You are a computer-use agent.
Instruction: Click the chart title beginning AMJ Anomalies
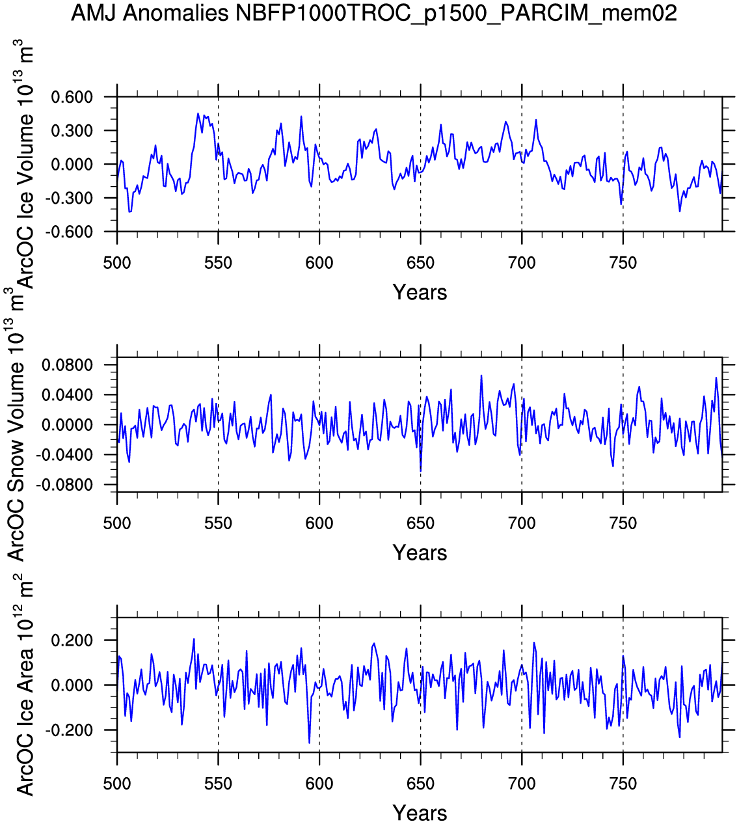click(x=374, y=12)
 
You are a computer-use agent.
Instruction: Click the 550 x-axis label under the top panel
click(x=218, y=263)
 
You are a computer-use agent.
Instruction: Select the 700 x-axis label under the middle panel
click(x=522, y=523)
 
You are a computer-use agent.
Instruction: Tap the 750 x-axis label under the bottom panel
click(x=623, y=784)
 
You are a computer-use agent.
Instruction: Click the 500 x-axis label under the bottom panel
click(x=117, y=784)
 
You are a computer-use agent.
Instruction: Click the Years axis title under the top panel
click(x=420, y=292)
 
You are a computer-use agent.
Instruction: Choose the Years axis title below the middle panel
click(x=420, y=553)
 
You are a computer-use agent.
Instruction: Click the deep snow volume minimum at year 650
click(x=420, y=471)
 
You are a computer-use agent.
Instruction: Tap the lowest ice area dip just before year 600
click(x=309, y=743)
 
